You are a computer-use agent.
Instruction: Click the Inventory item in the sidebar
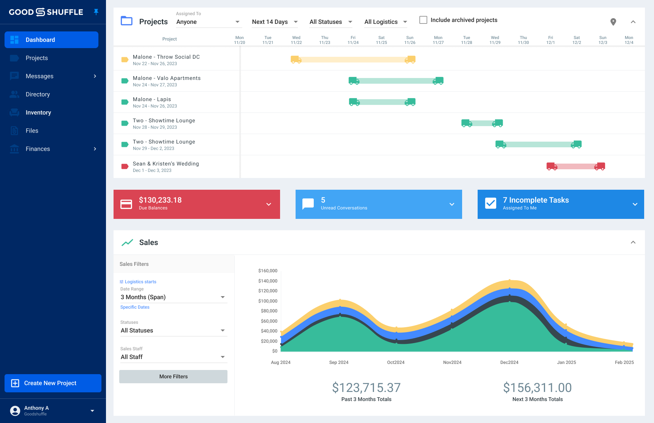38,112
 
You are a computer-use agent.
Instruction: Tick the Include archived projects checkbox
423,20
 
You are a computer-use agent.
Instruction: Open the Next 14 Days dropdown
275,22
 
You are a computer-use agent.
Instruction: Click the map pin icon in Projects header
613,22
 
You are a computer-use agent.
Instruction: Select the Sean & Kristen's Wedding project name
166,164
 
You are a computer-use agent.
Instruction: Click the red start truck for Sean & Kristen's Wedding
552,166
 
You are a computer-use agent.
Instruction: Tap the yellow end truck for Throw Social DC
410,59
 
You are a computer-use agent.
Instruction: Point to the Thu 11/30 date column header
523,40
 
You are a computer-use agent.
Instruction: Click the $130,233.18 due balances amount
160,200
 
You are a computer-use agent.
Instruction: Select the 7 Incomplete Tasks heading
536,200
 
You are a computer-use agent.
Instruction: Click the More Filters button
173,376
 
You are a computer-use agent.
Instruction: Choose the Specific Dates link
135,307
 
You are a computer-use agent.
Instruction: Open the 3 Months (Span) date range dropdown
173,297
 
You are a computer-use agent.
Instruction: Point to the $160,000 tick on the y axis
268,271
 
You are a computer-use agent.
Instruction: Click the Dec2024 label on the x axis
509,362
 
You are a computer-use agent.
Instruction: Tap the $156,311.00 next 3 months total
537,388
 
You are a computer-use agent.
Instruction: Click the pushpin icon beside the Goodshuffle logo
96,12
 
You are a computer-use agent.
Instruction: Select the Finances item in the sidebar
38,149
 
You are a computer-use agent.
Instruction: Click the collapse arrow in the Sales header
633,242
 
